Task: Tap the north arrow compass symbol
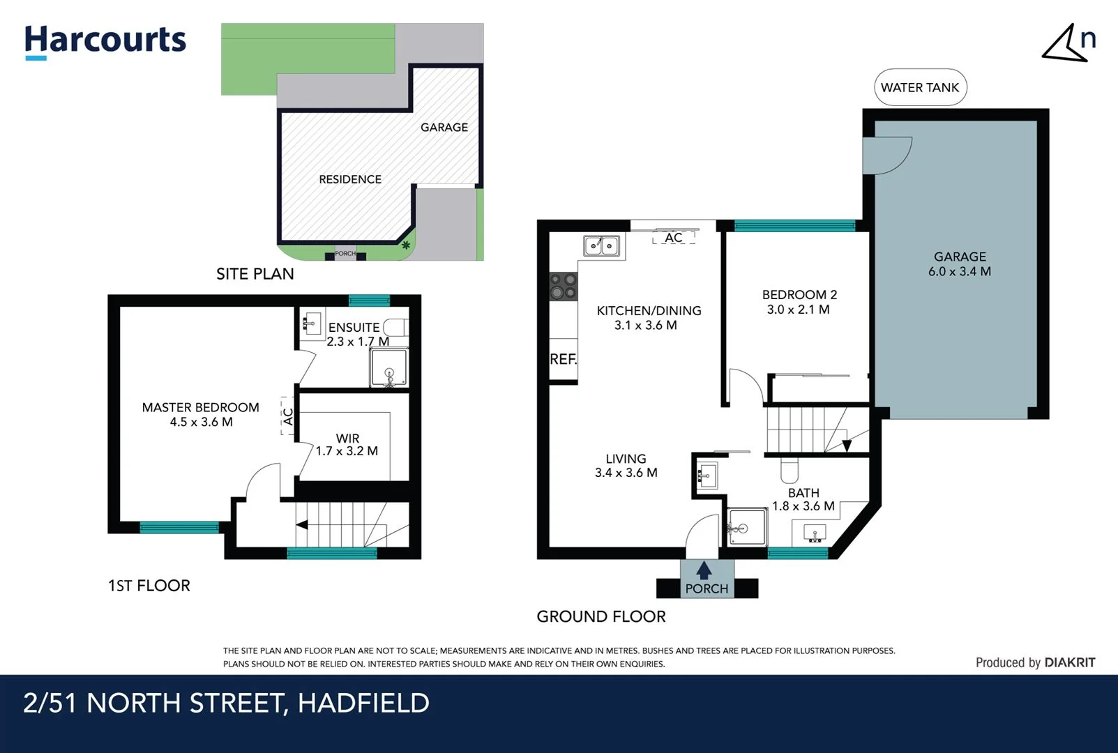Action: coord(1067,44)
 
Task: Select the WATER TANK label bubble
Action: coord(920,87)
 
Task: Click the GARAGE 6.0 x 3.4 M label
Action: coord(959,264)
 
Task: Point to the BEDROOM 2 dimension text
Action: coord(799,310)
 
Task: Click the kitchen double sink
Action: coord(601,245)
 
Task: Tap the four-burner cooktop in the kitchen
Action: coord(564,286)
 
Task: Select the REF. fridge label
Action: coord(563,359)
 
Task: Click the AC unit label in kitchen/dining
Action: coord(673,238)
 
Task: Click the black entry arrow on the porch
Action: coord(704,570)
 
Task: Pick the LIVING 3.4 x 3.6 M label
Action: coord(626,466)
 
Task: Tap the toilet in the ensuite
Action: coord(396,328)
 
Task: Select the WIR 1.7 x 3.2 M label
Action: coord(347,445)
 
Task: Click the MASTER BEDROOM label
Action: coord(200,414)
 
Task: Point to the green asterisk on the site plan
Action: coord(405,245)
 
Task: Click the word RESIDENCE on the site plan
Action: coord(350,179)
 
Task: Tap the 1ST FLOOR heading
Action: coord(149,586)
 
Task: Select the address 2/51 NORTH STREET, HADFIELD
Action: coord(226,703)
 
